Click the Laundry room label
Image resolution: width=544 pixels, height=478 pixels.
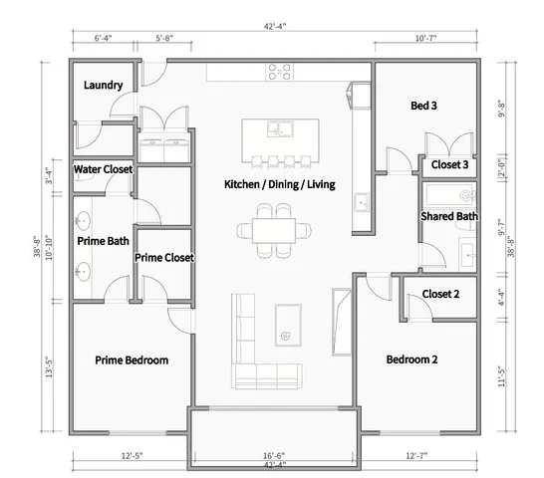pyautogui.click(x=104, y=86)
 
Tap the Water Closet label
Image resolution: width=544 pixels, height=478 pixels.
pyautogui.click(x=104, y=170)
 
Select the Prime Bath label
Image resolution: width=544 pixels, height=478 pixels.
pyautogui.click(x=104, y=240)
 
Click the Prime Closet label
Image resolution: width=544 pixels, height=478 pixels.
pyautogui.click(x=164, y=257)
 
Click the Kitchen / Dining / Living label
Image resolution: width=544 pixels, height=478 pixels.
pyautogui.click(x=280, y=186)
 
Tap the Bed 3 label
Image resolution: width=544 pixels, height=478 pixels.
pyautogui.click(x=424, y=106)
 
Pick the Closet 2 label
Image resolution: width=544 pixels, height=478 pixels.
pyautogui.click(x=440, y=294)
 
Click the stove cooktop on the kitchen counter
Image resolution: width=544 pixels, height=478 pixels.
pyautogui.click(x=280, y=72)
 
